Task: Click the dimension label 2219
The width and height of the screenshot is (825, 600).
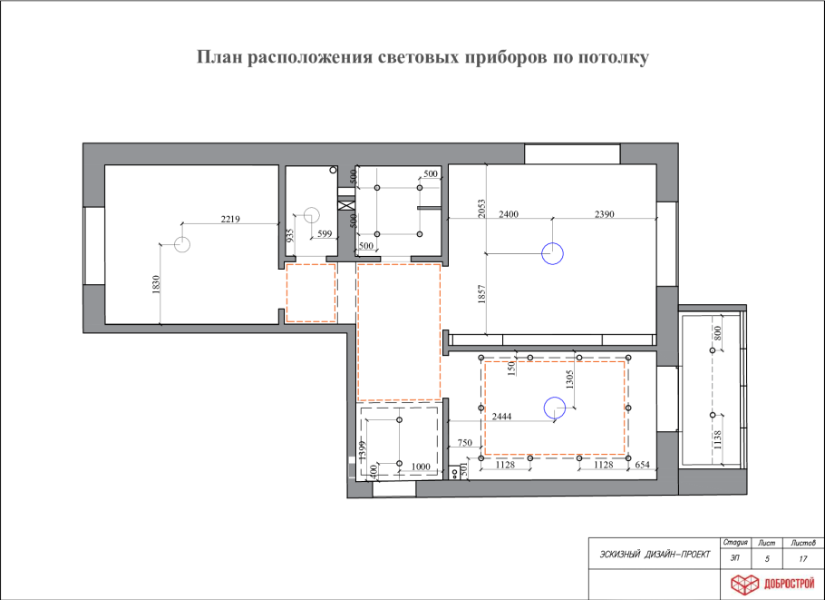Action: pyautogui.click(x=229, y=218)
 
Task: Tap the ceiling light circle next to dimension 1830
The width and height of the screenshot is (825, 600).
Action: pyautogui.click(x=181, y=243)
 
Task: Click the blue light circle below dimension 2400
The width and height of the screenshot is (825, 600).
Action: pyautogui.click(x=552, y=253)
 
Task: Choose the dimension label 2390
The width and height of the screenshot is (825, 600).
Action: pyautogui.click(x=605, y=215)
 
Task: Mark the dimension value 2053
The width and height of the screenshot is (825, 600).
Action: pyautogui.click(x=482, y=211)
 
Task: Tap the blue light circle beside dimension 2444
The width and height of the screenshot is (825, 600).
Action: pyautogui.click(x=552, y=408)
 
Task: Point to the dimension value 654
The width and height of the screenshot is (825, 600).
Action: pyautogui.click(x=643, y=465)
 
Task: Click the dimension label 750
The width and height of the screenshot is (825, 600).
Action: pyautogui.click(x=464, y=442)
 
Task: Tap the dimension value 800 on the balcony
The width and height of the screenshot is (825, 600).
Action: pyautogui.click(x=718, y=333)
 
